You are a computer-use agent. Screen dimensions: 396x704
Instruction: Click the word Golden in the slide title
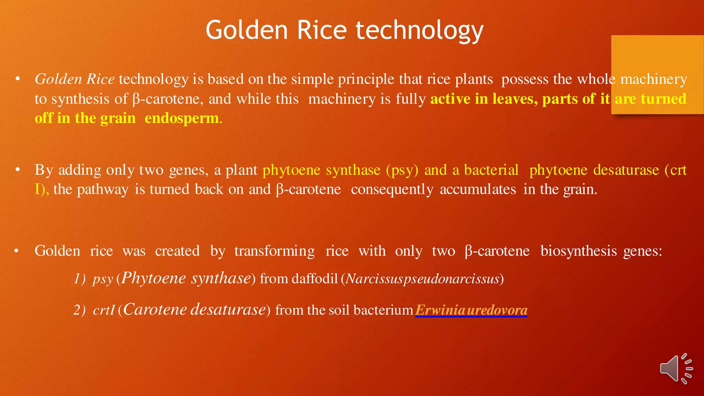point(246,30)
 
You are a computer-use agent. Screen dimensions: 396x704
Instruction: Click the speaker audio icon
point(676,368)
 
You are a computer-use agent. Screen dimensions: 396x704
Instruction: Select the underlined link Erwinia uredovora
point(471,310)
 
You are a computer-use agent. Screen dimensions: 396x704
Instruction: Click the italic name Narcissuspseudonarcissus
point(422,279)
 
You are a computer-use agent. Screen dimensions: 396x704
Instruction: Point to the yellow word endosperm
point(182,118)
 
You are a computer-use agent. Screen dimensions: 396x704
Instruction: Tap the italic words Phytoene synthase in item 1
point(186,278)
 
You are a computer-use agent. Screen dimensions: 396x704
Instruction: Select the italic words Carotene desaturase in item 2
point(195,309)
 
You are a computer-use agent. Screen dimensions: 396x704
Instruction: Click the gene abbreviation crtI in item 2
point(103,310)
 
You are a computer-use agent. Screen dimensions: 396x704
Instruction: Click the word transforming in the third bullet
point(274,251)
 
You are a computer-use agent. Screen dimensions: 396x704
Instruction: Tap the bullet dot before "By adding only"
point(18,170)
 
